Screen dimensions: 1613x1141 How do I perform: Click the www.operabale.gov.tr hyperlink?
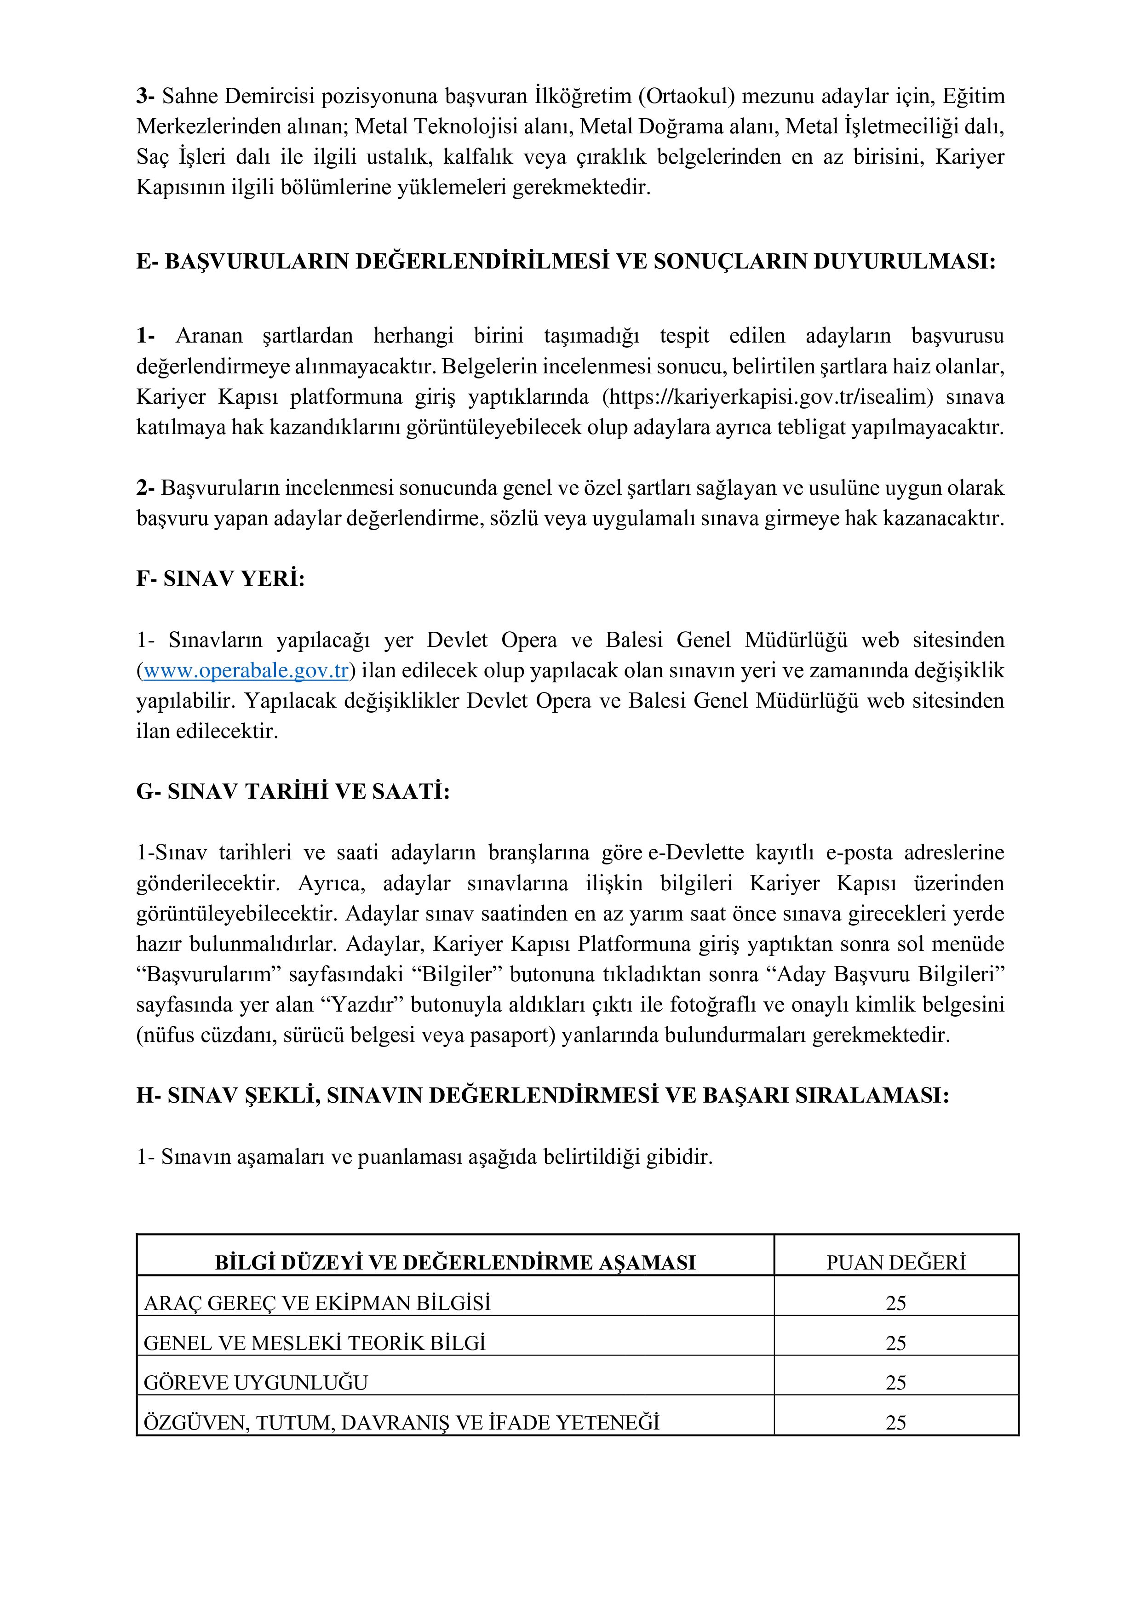pos(246,670)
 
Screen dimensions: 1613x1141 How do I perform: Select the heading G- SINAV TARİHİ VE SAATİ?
pos(293,792)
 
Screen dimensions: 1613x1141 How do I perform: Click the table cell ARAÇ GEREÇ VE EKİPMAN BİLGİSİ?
pos(317,1303)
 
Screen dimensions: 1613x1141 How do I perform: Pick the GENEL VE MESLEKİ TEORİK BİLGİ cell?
pos(315,1343)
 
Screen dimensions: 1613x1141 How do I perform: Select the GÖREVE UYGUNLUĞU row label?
pos(256,1383)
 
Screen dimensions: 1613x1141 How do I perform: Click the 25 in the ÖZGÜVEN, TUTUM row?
pos(896,1423)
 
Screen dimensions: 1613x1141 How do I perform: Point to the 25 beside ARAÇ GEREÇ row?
pos(896,1303)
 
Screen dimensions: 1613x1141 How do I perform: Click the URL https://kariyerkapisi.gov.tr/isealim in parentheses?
pos(768,397)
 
